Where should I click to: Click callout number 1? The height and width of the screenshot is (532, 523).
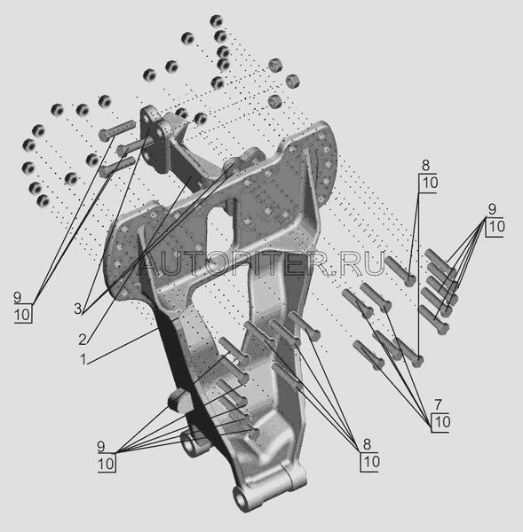tap(83, 359)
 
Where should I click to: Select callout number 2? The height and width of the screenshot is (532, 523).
tap(83, 340)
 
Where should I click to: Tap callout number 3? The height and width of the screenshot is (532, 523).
tap(78, 309)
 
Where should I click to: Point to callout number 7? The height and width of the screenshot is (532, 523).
tap(438, 404)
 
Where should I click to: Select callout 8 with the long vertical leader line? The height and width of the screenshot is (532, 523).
tap(425, 166)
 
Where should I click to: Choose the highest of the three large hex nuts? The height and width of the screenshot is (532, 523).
tap(275, 65)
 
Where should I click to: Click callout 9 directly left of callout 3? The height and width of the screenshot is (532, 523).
tap(18, 298)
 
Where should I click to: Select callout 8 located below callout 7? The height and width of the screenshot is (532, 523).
tap(367, 444)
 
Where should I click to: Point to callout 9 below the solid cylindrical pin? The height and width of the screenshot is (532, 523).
tap(101, 446)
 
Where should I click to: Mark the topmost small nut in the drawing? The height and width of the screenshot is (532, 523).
tap(216, 21)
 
